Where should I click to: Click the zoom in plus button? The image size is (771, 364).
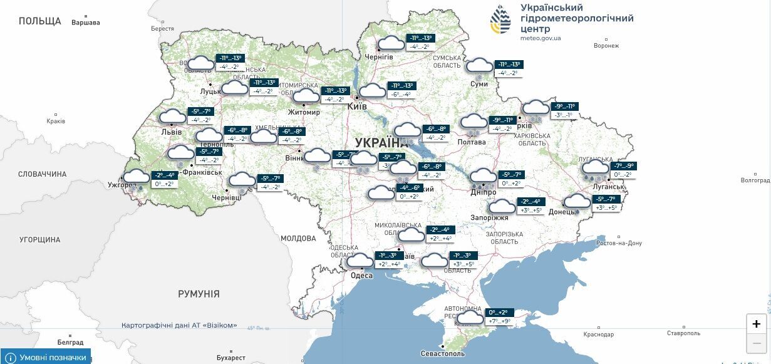pos(757,324)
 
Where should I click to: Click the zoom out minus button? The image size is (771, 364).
pos(757,343)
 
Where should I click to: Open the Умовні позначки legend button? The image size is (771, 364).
pos(46,357)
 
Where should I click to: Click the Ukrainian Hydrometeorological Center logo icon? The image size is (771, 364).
pos(500,21)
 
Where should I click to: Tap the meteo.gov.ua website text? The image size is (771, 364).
pos(541,38)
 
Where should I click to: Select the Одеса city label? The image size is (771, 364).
pos(362,276)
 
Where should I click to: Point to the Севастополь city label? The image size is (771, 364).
pos(443,354)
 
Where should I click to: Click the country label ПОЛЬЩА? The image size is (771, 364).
pos(40,21)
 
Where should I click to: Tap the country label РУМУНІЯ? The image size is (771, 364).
pos(199,294)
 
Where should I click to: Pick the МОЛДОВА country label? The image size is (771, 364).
pos(298,239)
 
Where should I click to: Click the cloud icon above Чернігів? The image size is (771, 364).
pos(392,44)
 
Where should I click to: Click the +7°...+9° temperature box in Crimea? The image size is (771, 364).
pos(499,321)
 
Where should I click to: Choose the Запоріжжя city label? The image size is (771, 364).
pos(489,218)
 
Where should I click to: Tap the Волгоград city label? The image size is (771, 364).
pos(755,180)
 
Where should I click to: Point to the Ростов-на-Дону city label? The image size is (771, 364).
pos(619,243)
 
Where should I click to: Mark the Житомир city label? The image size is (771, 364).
pos(303,113)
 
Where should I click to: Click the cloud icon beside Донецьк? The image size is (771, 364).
pos(577,202)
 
